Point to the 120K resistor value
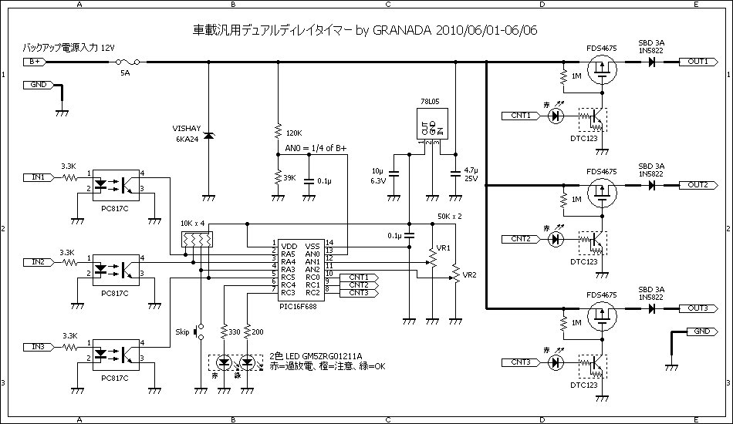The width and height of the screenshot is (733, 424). [x=294, y=133]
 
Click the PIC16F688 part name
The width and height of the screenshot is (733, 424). [x=300, y=305]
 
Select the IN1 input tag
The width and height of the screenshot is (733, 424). [x=37, y=177]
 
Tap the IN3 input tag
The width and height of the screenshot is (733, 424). [x=37, y=347]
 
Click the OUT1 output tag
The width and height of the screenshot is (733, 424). [x=698, y=61]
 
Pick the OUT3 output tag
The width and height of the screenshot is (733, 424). [x=698, y=308]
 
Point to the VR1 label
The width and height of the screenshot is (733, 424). [x=442, y=247]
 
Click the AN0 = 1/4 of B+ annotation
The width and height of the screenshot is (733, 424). [x=316, y=148]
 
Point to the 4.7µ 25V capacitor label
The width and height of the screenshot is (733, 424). [x=471, y=173]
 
